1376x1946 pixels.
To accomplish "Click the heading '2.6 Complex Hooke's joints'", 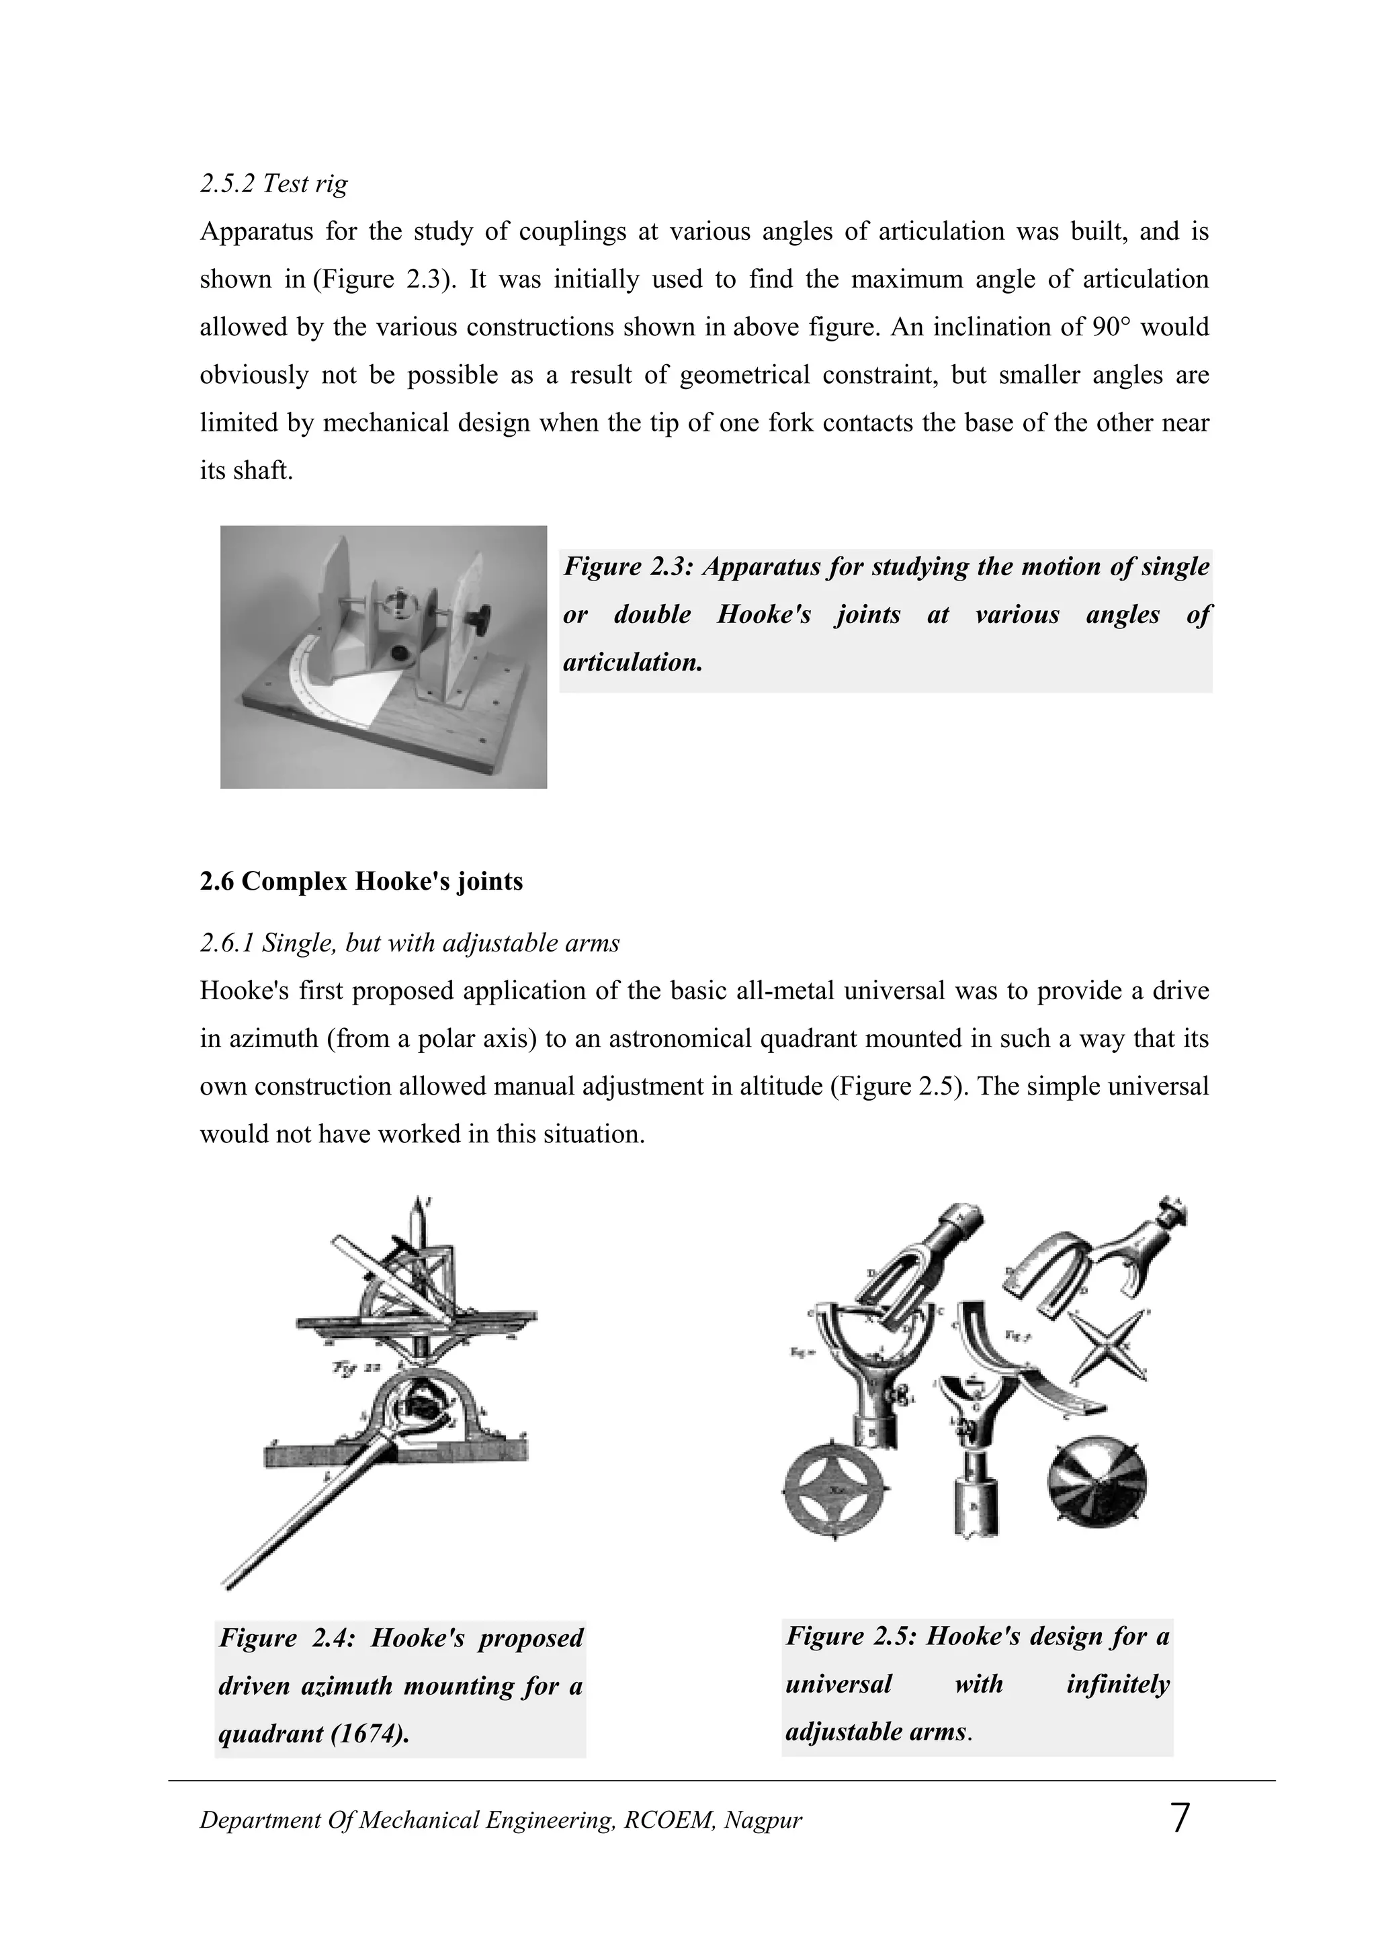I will [x=361, y=882].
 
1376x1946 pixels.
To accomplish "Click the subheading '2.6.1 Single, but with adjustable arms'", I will [x=409, y=943].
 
